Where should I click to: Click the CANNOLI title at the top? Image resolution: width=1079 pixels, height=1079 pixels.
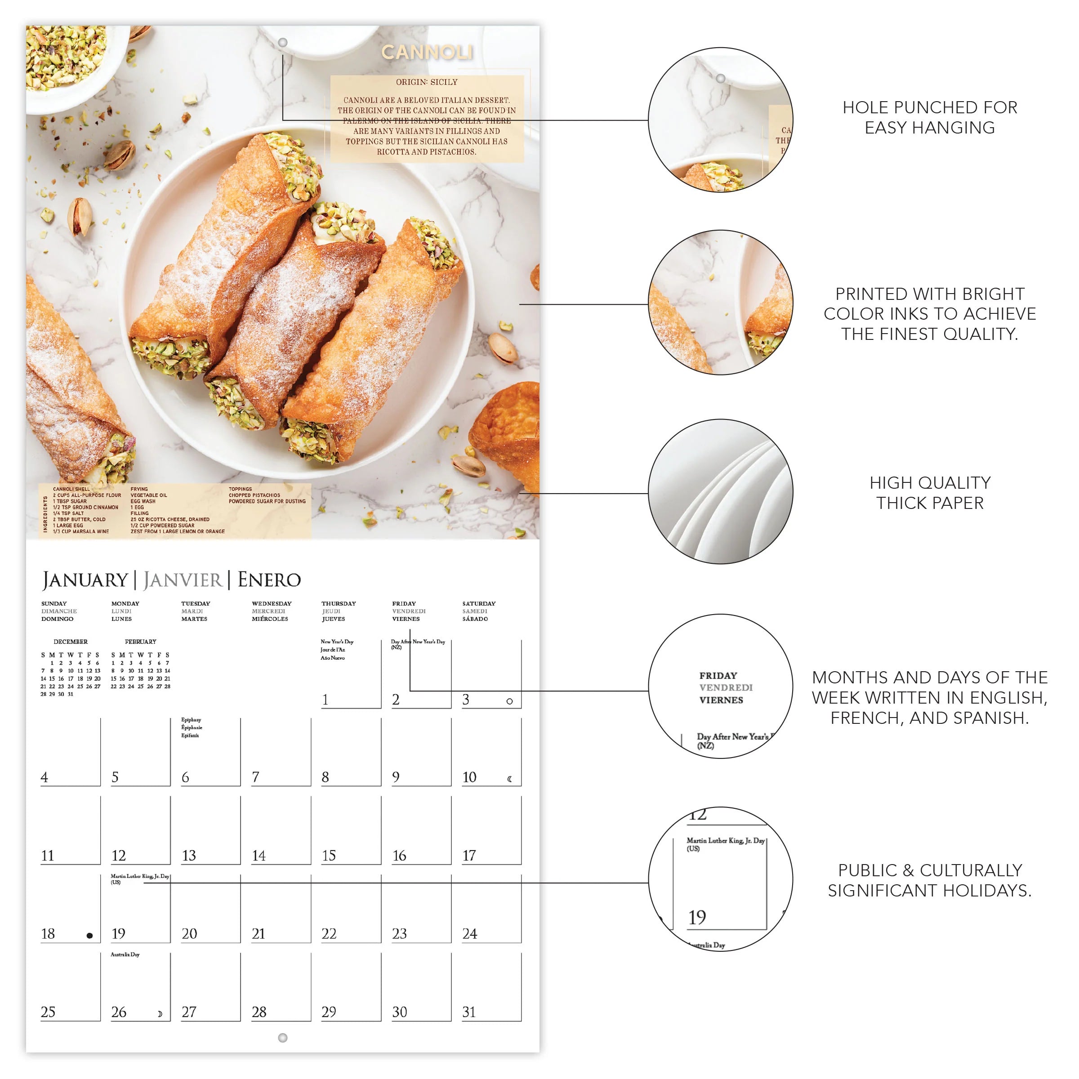tap(427, 53)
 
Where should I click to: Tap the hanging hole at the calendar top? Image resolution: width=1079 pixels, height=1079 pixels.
tap(283, 42)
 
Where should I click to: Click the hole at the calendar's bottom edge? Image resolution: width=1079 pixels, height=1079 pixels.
tap(283, 1037)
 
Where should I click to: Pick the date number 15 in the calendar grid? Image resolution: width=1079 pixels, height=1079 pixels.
tap(329, 855)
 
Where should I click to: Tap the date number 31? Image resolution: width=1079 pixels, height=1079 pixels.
tap(469, 1012)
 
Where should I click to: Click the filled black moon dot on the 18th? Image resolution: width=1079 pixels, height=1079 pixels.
tap(89, 936)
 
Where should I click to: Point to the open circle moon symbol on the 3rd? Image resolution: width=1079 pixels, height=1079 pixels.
tap(509, 701)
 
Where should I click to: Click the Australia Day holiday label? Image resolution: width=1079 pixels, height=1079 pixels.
tap(125, 954)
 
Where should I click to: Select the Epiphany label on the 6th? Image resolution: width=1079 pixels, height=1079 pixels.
tap(191, 720)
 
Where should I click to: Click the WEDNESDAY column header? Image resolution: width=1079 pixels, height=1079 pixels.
tap(272, 604)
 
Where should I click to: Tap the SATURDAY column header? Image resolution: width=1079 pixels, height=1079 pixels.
tap(479, 604)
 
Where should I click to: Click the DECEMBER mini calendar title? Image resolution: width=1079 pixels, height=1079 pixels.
tap(71, 642)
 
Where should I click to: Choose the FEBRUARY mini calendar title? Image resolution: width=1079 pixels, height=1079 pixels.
tap(141, 642)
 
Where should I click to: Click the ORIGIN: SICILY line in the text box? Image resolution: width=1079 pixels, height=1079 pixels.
tap(427, 82)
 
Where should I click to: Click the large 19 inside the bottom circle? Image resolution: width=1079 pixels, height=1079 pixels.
tap(697, 917)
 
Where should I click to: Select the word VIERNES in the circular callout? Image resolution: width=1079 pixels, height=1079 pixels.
tap(721, 700)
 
